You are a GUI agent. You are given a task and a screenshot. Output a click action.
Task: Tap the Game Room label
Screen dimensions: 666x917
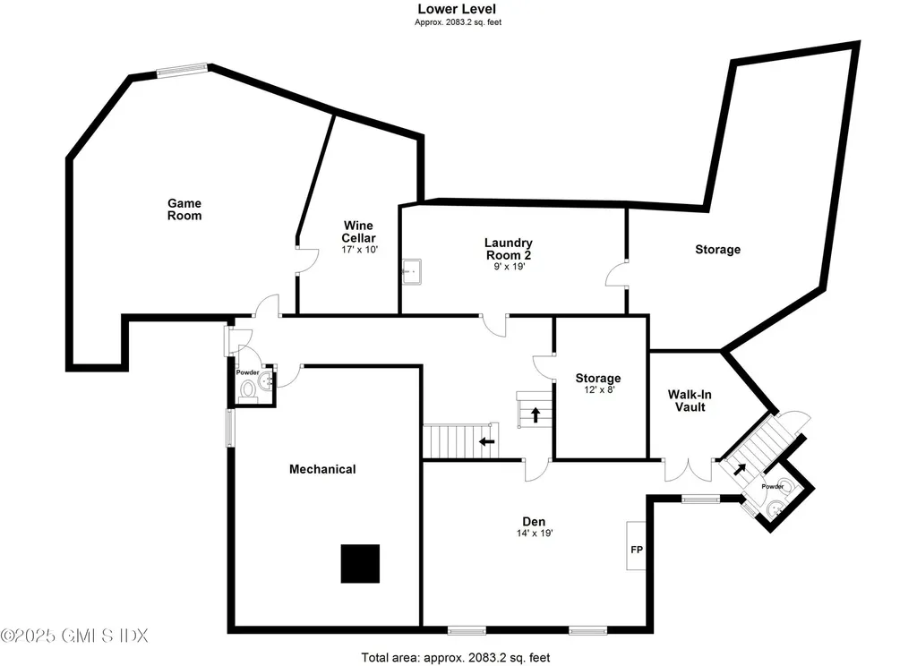[x=184, y=209]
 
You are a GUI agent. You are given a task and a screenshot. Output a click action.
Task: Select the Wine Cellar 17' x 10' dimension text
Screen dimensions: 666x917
[x=358, y=251]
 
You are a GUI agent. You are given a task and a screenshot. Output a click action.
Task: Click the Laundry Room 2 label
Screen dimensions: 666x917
[x=508, y=248]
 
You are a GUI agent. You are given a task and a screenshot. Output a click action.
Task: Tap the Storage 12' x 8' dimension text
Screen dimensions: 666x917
[x=597, y=391]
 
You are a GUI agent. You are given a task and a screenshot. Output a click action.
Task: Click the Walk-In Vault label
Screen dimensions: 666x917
[x=688, y=400]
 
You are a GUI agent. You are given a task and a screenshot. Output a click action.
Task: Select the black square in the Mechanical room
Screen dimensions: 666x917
[x=360, y=563]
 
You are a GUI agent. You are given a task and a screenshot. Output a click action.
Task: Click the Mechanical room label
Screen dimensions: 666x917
[x=321, y=469]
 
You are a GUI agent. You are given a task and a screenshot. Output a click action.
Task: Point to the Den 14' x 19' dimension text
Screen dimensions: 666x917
[x=534, y=534]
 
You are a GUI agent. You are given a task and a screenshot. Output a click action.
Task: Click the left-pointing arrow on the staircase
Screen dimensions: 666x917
[x=486, y=440]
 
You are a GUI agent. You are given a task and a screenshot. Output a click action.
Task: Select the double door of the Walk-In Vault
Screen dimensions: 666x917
[x=689, y=469]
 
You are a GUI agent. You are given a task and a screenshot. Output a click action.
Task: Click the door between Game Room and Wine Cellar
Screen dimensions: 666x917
[x=304, y=258]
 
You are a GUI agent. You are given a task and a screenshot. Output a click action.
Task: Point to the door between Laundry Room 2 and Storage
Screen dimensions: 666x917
[x=617, y=274]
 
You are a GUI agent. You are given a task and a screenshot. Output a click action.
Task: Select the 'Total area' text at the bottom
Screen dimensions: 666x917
[x=456, y=658]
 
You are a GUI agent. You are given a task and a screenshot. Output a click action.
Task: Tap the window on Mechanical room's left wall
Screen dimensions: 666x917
[x=229, y=427]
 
